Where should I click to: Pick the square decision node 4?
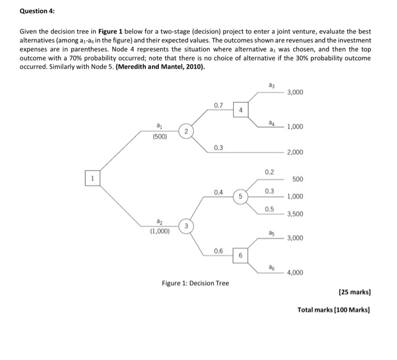(x=240, y=110)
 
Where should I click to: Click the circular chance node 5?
(x=240, y=197)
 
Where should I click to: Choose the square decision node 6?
(x=240, y=256)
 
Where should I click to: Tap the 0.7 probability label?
(x=218, y=105)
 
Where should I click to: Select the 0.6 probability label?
(x=218, y=250)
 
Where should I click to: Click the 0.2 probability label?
(x=269, y=171)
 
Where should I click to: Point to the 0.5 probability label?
(x=269, y=209)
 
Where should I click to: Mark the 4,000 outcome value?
(x=295, y=273)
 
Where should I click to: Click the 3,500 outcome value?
(x=295, y=214)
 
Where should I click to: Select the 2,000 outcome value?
(x=295, y=153)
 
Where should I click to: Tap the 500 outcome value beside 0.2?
(x=298, y=179)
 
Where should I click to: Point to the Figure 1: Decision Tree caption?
(x=196, y=283)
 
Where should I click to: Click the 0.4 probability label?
(x=218, y=192)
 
